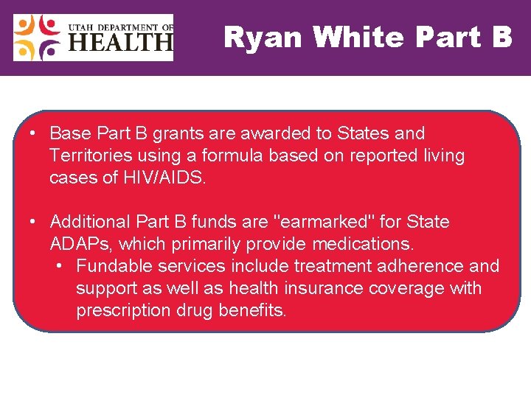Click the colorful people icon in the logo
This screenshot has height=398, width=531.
click(x=38, y=38)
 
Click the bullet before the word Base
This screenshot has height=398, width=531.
click(x=34, y=133)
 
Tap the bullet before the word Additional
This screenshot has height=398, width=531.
click(x=34, y=222)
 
